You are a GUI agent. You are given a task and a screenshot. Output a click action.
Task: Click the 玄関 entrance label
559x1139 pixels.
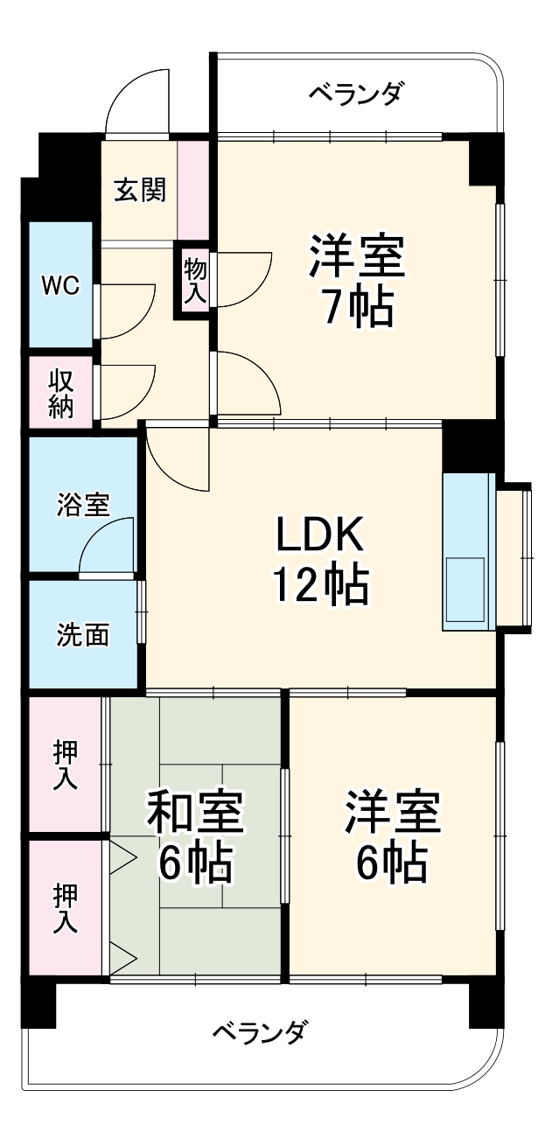(x=140, y=189)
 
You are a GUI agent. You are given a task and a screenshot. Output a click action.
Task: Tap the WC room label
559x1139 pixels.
(x=60, y=284)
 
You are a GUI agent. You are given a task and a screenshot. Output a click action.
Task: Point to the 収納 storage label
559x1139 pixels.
(x=60, y=393)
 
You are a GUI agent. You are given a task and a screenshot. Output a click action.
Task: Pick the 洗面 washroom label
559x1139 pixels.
(x=83, y=634)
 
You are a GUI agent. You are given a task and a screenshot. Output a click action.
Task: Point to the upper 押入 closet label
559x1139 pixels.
(x=66, y=765)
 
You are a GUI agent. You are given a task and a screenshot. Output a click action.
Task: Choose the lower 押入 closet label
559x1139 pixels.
(x=66, y=908)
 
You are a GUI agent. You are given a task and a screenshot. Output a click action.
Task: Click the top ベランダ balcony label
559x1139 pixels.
(x=356, y=94)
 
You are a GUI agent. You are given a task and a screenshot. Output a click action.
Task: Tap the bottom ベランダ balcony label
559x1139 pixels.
(x=259, y=1032)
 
